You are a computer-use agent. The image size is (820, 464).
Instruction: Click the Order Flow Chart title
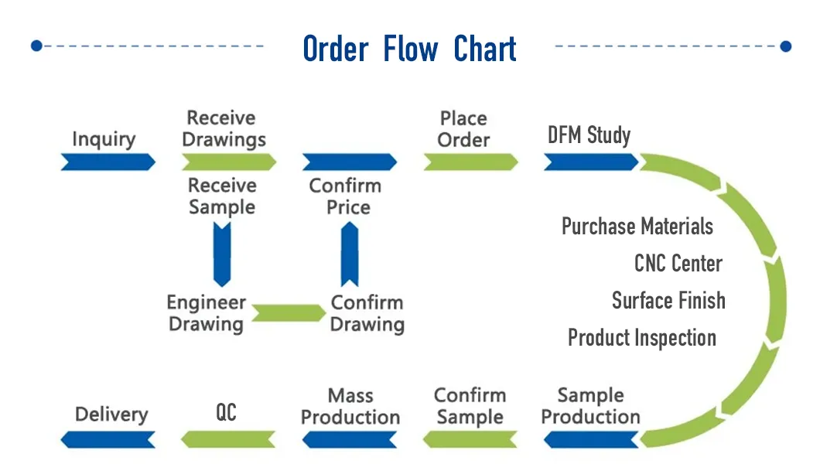tap(409, 49)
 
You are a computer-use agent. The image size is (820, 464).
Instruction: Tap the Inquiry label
tap(104, 139)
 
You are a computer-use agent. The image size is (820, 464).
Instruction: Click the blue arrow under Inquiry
tap(108, 162)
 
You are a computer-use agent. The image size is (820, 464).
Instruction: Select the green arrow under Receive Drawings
tap(229, 162)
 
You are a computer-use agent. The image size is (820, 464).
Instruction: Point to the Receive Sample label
tap(222, 196)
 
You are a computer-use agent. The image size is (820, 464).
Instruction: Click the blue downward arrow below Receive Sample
tap(222, 254)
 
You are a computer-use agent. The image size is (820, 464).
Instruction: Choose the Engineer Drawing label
tap(207, 313)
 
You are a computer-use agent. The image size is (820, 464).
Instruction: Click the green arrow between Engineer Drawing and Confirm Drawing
tap(288, 313)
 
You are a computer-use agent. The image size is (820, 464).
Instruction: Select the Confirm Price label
tap(345, 196)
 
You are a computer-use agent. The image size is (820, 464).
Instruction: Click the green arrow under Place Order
tap(470, 162)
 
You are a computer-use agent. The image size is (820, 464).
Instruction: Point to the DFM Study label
tap(589, 136)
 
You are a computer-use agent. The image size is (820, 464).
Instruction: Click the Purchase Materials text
tap(637, 227)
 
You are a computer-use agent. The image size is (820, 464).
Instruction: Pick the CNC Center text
tap(678, 264)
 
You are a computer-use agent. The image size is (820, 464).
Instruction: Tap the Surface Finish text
tap(668, 300)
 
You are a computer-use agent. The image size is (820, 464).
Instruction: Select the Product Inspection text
tap(641, 338)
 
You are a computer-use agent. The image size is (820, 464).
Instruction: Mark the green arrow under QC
tap(228, 440)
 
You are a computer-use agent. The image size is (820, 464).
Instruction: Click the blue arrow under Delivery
tap(108, 440)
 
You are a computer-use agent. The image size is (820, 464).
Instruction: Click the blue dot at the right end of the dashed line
tap(786, 46)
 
